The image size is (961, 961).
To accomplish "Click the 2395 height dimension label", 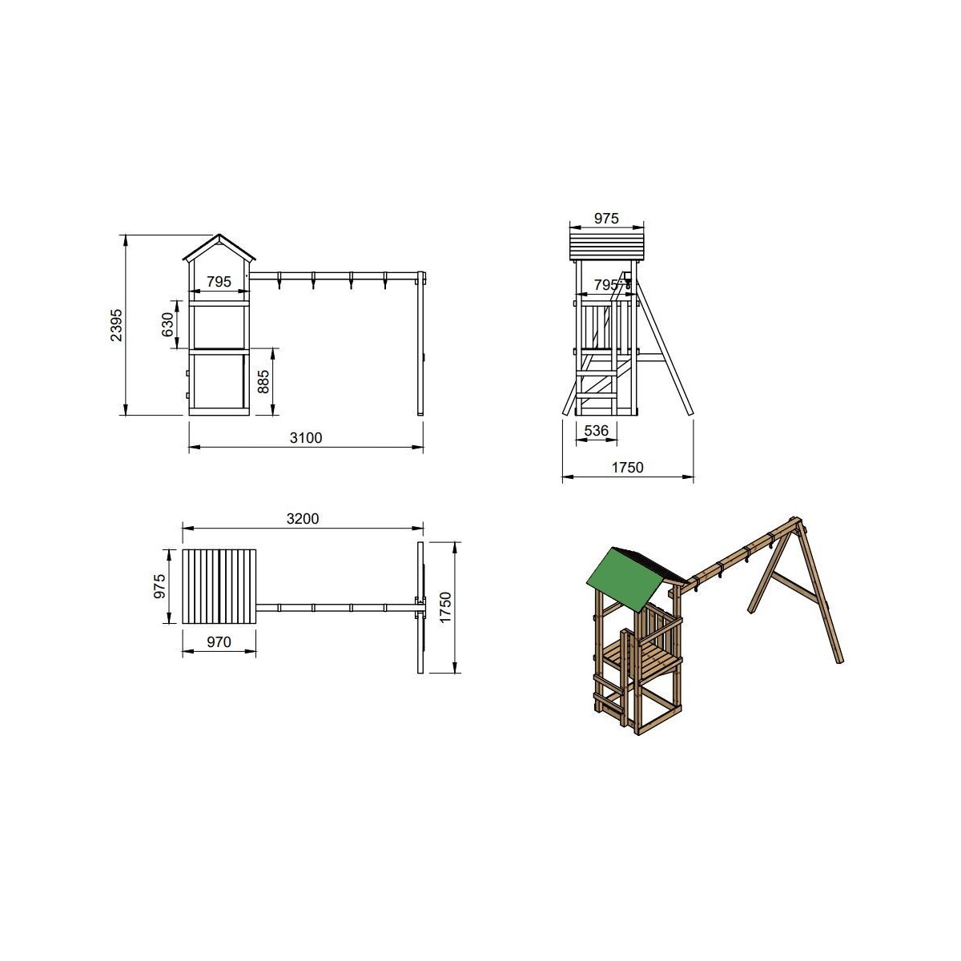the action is (x=115, y=325).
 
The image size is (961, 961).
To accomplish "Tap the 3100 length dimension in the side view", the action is (x=306, y=438).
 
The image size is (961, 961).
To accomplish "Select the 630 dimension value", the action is (x=167, y=324).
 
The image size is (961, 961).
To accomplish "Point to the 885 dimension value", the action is (x=263, y=381).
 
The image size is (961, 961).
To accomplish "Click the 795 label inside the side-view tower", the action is (x=219, y=282).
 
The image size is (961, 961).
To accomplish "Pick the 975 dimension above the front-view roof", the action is (x=606, y=219).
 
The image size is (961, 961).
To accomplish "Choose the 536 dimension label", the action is (x=596, y=430).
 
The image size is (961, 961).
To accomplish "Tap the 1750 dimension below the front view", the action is (x=627, y=467).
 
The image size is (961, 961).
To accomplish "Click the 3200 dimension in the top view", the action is (x=303, y=519).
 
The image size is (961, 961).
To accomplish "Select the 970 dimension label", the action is (x=219, y=641).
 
